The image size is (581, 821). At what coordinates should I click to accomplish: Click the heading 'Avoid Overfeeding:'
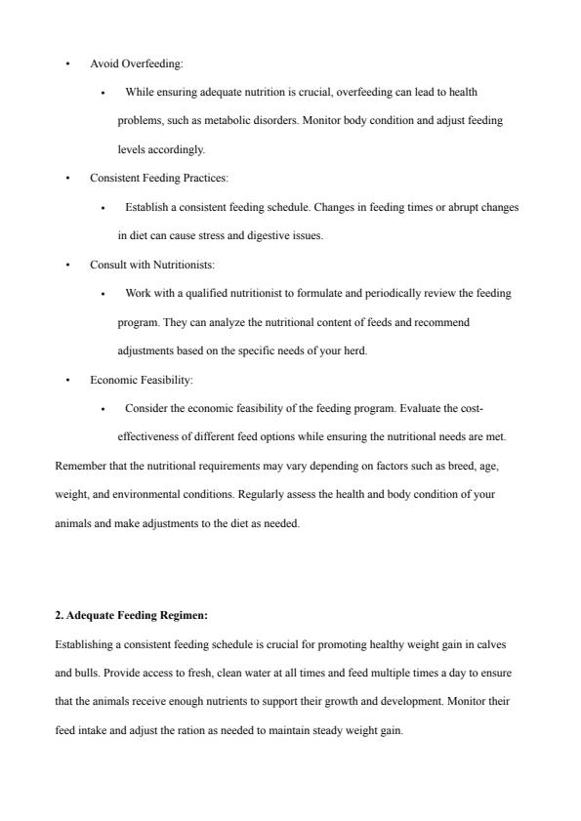pyautogui.click(x=136, y=63)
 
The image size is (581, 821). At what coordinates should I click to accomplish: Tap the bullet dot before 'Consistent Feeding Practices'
pyautogui.click(x=67, y=179)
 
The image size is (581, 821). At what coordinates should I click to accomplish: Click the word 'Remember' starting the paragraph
pyautogui.click(x=79, y=467)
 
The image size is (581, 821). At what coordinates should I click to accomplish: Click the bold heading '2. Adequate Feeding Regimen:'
pyautogui.click(x=131, y=616)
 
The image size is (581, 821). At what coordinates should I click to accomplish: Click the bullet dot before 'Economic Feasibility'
pyautogui.click(x=67, y=380)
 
